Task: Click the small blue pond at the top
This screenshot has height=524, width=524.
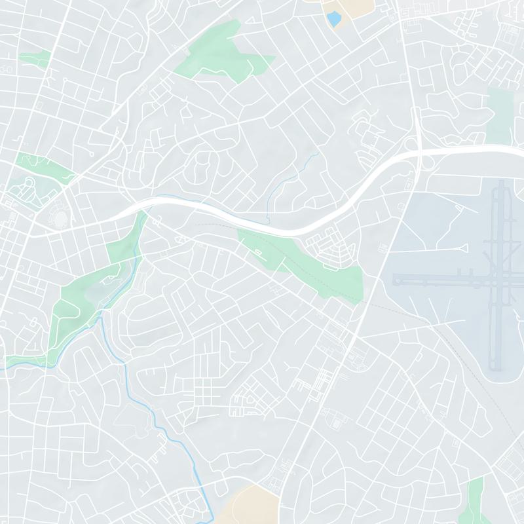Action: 333,19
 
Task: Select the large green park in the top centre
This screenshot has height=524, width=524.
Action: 223,52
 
